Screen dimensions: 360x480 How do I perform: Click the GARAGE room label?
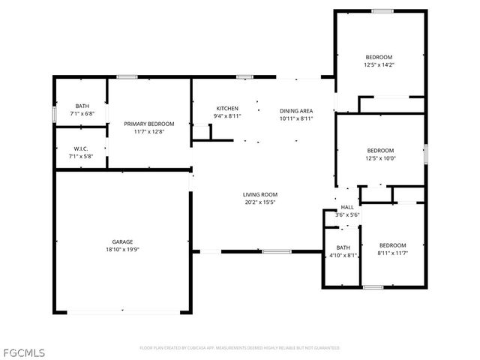[x=122, y=241]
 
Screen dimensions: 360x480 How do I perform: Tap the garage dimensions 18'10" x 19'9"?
[x=122, y=250]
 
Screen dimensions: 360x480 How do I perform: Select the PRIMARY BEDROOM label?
[x=149, y=124]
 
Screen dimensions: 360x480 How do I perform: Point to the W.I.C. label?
[x=82, y=148]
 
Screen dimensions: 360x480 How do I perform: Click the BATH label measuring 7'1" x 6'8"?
[x=82, y=106]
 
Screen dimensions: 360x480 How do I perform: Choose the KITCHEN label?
[x=227, y=108]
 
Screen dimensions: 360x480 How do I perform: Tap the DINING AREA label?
[x=295, y=109]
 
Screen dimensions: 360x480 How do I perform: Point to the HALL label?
[x=347, y=207]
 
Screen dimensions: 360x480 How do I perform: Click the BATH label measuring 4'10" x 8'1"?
[x=343, y=247]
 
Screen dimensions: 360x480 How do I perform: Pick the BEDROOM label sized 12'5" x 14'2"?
[x=379, y=57]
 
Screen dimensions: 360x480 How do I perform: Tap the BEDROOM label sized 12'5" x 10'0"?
[x=380, y=150]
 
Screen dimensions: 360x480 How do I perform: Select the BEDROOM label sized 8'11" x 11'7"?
[x=392, y=245]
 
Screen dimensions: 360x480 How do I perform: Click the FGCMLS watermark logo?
[x=23, y=351]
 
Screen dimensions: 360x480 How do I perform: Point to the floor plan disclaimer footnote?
[x=240, y=348]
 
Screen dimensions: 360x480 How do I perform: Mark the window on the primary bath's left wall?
[x=54, y=113]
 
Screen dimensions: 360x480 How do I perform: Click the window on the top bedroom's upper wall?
[x=382, y=10]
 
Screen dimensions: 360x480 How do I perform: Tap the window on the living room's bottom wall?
[x=276, y=251]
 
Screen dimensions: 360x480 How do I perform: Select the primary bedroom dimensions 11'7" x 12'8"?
[x=149, y=132]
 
